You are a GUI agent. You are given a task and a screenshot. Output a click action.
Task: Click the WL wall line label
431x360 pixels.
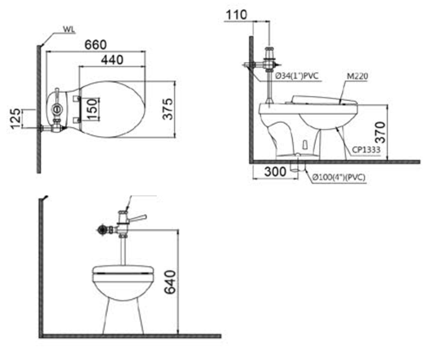point(69,30)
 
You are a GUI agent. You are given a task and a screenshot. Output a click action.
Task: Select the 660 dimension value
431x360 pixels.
point(95,45)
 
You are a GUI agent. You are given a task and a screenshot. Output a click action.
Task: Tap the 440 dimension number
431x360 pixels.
point(112,60)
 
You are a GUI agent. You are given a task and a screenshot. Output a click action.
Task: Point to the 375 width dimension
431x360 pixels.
point(168,109)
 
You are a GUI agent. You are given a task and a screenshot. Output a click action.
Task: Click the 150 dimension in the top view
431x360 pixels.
point(93,109)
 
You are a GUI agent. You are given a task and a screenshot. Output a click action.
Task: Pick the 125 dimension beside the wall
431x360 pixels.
point(15,119)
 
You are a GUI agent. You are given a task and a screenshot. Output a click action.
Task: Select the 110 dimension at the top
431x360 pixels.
point(236,15)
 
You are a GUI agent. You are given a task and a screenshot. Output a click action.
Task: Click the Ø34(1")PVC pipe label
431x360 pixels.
point(297,75)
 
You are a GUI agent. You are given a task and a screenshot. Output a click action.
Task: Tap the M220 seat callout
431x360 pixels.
point(357,76)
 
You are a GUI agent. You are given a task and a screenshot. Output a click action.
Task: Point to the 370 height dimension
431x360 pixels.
point(381,132)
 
